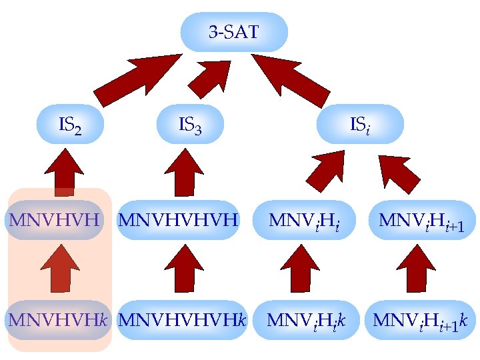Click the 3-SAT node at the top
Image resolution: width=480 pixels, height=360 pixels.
(234, 31)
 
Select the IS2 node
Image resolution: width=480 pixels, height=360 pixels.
(70, 124)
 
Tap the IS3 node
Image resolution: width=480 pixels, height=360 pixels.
(190, 124)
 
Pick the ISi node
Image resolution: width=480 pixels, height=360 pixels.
(360, 124)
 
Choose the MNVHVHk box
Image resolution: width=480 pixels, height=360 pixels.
(57, 319)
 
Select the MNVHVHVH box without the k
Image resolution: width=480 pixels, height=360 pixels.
(178, 219)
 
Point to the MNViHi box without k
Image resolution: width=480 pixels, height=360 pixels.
(303, 219)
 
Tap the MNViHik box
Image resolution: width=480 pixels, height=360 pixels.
(306, 319)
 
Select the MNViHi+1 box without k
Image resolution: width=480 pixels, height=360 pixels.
(421, 219)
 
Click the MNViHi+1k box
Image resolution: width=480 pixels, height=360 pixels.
(421, 319)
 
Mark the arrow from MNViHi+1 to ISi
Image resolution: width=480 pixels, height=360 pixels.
(398, 171)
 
